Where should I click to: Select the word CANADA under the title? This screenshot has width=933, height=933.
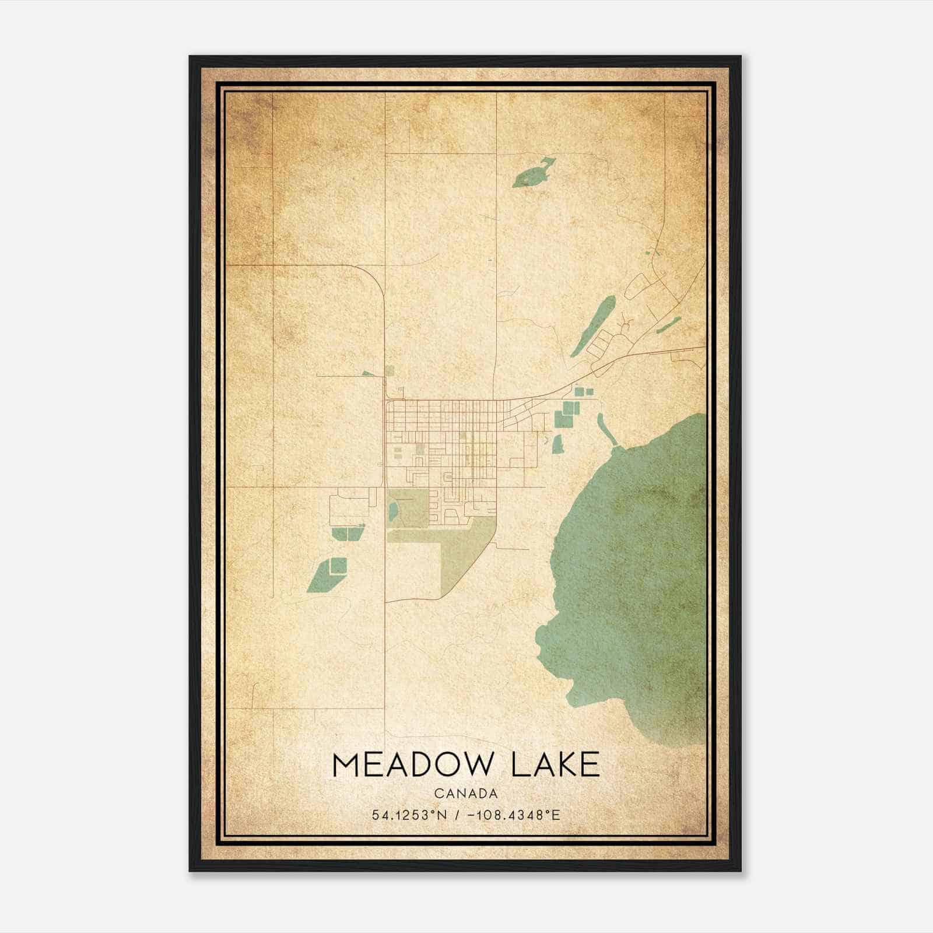[x=466, y=794]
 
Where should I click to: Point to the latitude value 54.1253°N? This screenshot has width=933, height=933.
[x=409, y=815]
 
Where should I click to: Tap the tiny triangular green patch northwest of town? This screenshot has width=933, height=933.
[x=367, y=373]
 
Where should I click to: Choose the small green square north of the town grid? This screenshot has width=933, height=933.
[x=390, y=370]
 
